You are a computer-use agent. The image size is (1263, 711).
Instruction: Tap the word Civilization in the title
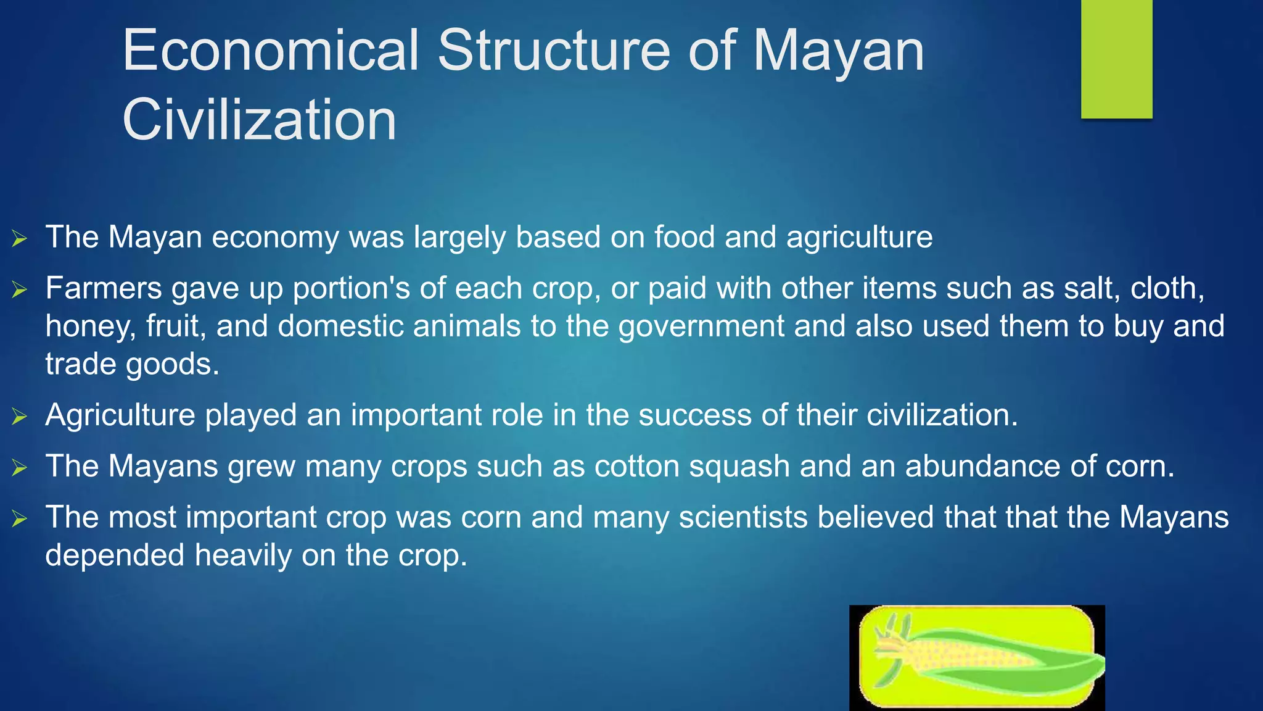coord(259,120)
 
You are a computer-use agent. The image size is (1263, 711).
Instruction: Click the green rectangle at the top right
coord(1116,59)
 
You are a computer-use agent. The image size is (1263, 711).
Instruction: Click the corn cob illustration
coord(977,658)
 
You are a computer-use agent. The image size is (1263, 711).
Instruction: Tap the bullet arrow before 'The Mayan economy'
coord(20,238)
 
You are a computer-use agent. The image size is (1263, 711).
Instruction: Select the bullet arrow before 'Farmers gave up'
coord(20,289)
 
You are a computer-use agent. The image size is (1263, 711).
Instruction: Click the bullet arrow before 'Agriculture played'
coord(20,417)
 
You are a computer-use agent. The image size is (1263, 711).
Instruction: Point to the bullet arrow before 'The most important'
coord(20,519)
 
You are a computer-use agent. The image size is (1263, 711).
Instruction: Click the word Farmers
coord(103,288)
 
